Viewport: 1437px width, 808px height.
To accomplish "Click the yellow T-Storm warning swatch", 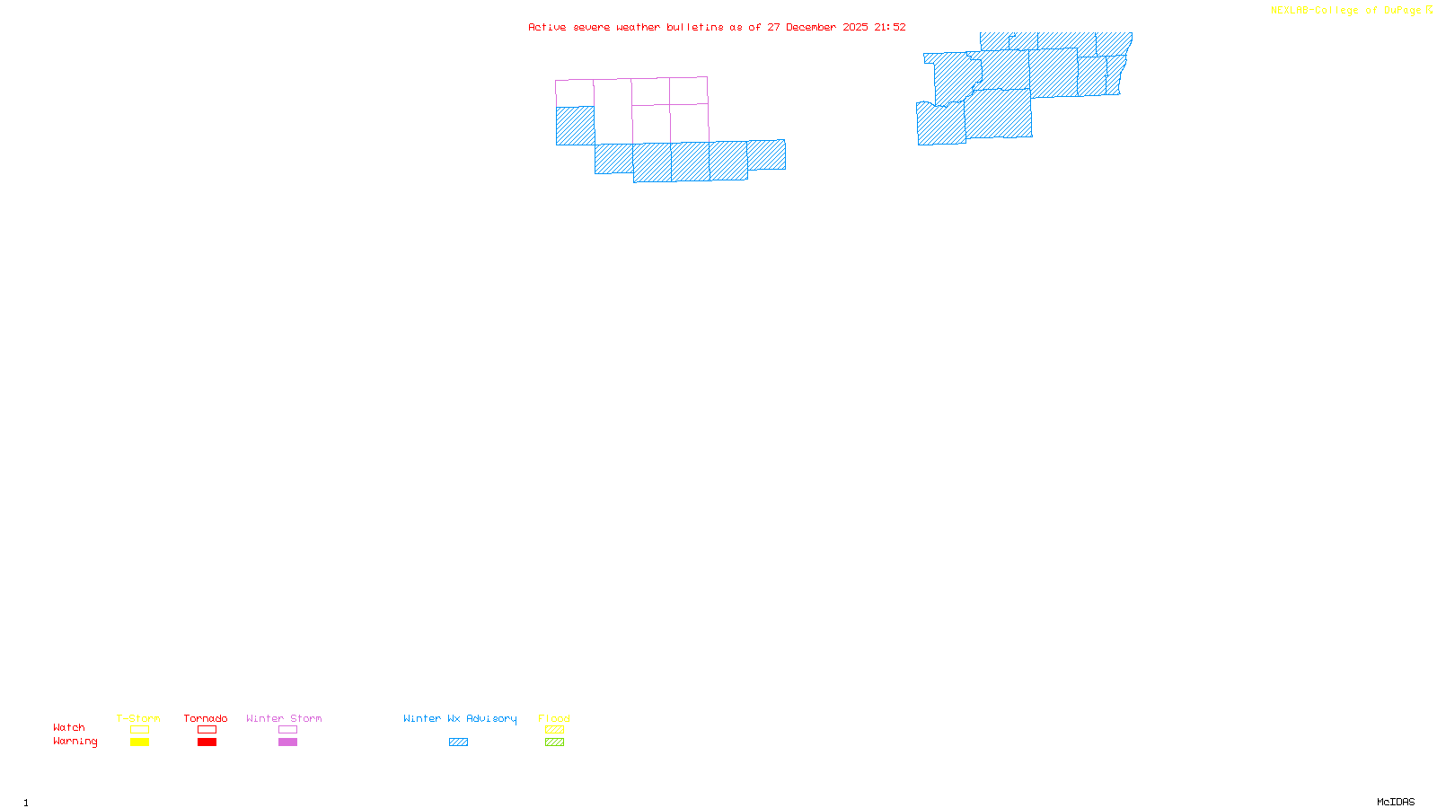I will coord(139,742).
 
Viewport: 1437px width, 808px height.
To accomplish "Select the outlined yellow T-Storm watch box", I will coord(139,730).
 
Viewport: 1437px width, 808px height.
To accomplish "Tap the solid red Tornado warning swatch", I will coord(207,742).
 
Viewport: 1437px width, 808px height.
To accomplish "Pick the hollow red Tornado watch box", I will coord(207,730).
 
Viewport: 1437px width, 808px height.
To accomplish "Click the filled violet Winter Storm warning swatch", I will coord(287,742).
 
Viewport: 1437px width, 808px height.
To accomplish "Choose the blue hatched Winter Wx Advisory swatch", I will coord(458,742).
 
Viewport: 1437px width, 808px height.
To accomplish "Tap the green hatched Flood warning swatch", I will coord(554,742).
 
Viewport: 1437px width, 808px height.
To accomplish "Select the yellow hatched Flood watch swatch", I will coord(554,730).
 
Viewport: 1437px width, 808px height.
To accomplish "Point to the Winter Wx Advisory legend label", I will coord(460,718).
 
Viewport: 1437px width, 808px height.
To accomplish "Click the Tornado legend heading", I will coord(206,718).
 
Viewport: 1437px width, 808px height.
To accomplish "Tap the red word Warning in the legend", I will coord(75,742).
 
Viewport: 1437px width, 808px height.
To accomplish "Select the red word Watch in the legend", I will coord(69,727).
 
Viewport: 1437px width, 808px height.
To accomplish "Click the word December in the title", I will coord(811,27).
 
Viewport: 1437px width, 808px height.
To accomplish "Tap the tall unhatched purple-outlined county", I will coord(613,111).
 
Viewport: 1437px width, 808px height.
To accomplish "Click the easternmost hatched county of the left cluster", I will coord(766,154).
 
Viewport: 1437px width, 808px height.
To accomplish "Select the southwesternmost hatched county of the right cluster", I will coord(940,124).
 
